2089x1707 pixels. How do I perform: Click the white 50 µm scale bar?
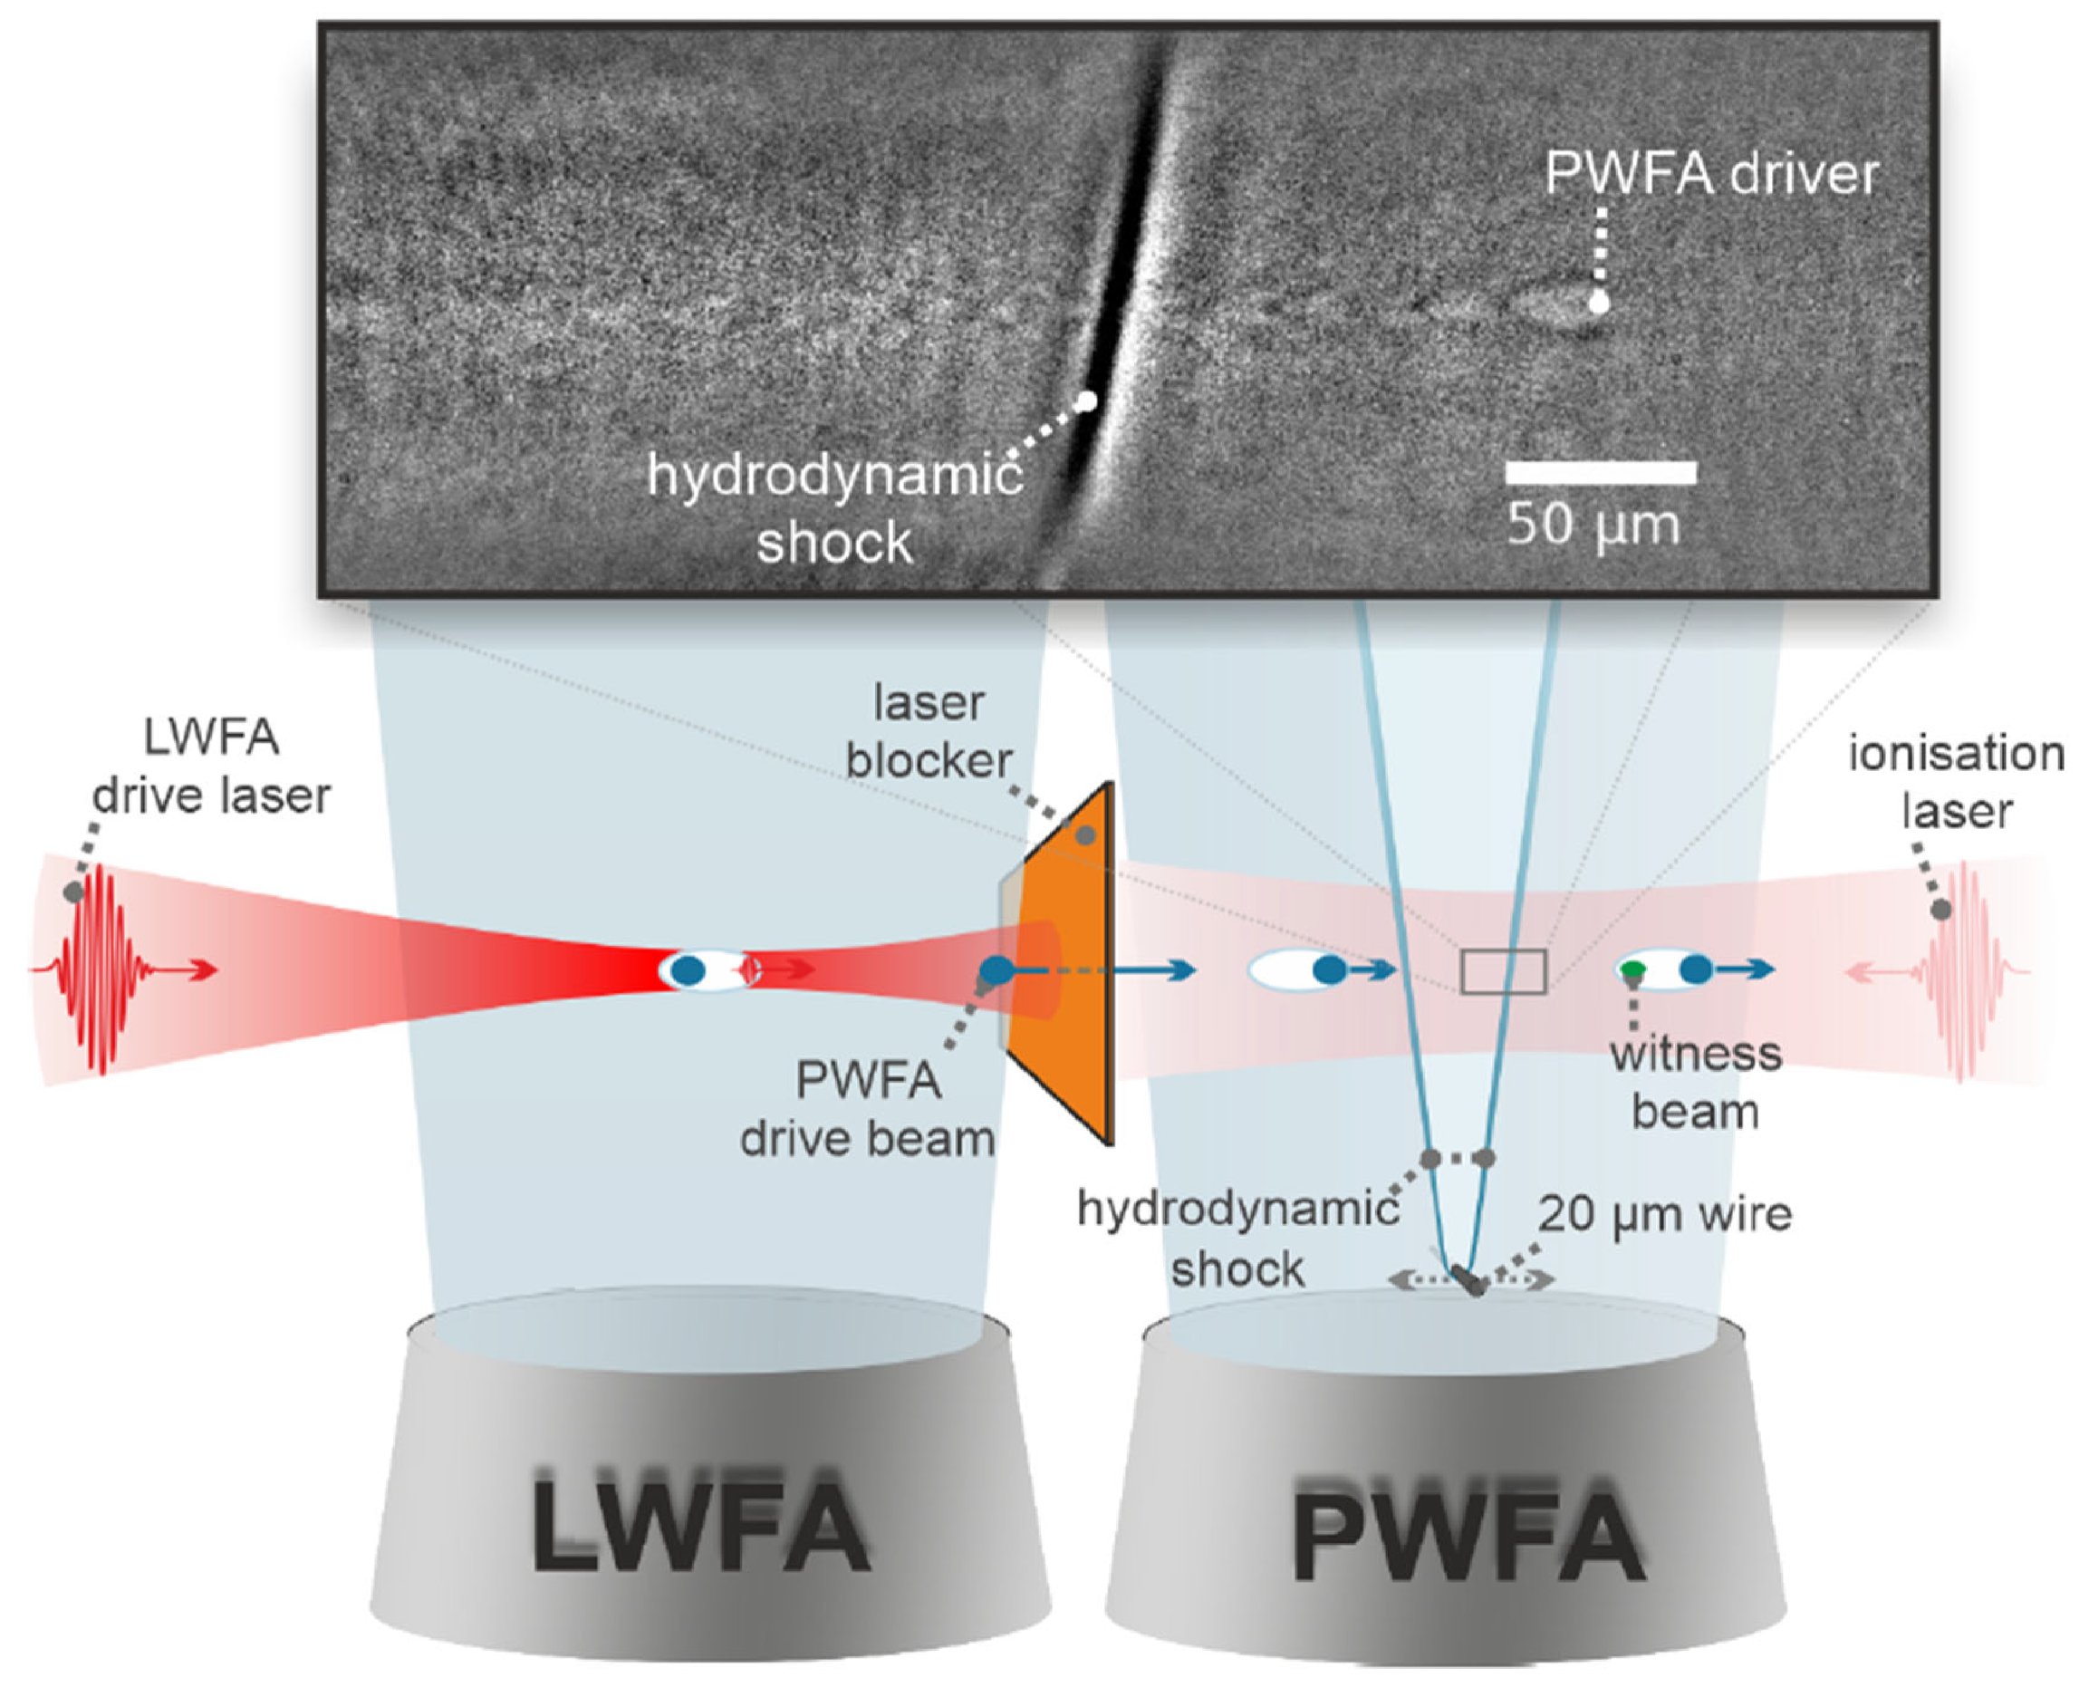pyautogui.click(x=1601, y=473)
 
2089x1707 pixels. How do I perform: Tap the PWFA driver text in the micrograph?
pyautogui.click(x=1711, y=174)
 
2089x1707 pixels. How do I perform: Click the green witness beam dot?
pyautogui.click(x=1632, y=970)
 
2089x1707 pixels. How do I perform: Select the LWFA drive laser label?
pyautogui.click(x=211, y=767)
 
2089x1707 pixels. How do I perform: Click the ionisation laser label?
pyautogui.click(x=1957, y=783)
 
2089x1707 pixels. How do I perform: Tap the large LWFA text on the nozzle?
pyautogui.click(x=700, y=1527)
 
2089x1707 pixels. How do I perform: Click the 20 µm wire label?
pyautogui.click(x=1664, y=1213)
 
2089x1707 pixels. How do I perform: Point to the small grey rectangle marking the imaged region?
pyautogui.click(x=1503, y=971)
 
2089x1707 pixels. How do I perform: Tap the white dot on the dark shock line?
pyautogui.click(x=1085, y=401)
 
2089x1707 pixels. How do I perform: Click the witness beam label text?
pyautogui.click(x=1695, y=1083)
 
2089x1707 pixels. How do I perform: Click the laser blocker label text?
pyautogui.click(x=928, y=733)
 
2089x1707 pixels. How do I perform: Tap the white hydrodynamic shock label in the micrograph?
pyautogui.click(x=833, y=509)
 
